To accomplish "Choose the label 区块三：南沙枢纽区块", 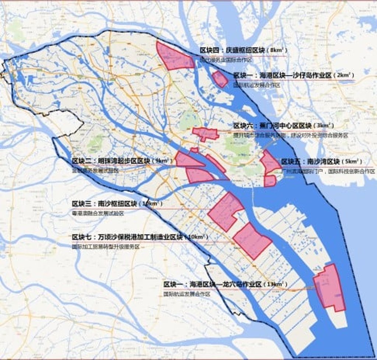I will point(105,204).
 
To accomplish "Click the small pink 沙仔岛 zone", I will point(220,78).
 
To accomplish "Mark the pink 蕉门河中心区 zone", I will point(205,133).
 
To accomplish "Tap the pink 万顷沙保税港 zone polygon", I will point(251,240).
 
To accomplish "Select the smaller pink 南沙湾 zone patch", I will point(270,181).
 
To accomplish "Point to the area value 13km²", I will point(276,284).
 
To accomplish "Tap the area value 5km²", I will point(352,162).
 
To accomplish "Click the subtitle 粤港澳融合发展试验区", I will point(98,213).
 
